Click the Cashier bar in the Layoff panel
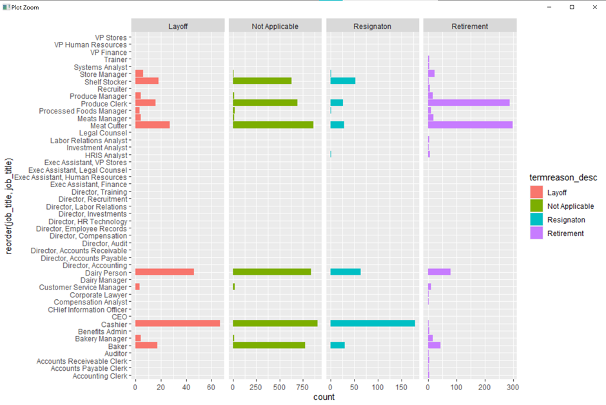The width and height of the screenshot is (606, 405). [177, 323]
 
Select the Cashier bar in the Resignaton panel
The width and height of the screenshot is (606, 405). [373, 323]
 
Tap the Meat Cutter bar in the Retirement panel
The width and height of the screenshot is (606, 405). [470, 125]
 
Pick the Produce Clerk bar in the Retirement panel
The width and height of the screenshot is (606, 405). [469, 103]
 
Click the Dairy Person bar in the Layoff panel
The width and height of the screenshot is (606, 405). [164, 272]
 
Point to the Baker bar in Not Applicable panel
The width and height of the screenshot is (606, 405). [269, 345]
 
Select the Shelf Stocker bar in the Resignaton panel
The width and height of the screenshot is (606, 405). [343, 81]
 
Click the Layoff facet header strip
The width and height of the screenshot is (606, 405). [178, 26]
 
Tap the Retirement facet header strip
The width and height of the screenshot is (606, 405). [470, 26]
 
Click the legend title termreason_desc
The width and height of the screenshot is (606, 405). [559, 177]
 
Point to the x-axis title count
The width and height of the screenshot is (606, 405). [324, 397]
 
